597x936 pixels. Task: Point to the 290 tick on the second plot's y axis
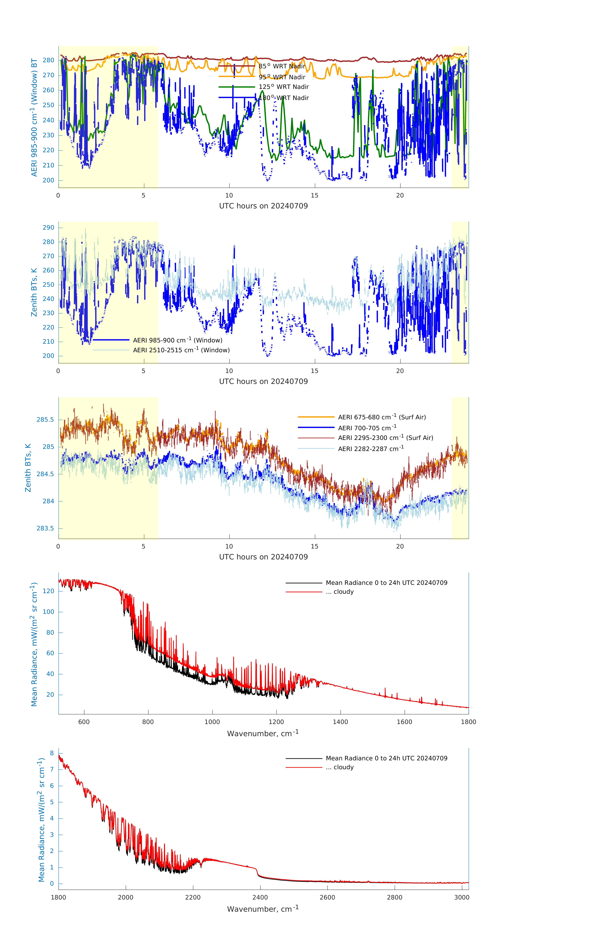[49, 228]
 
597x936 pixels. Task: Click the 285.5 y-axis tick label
[46, 420]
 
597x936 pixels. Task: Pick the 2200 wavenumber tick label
[193, 897]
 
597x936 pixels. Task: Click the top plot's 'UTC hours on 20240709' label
[263, 206]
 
